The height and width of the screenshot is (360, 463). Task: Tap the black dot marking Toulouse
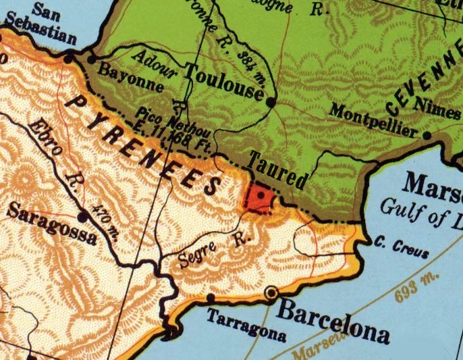pyautogui.click(x=271, y=103)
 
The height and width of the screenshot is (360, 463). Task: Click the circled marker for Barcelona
pyautogui.click(x=272, y=293)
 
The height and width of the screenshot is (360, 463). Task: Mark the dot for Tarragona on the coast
pyautogui.click(x=211, y=297)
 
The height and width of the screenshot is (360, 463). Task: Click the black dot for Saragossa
pyautogui.click(x=83, y=217)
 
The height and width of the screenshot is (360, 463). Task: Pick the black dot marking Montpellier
pyautogui.click(x=427, y=135)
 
